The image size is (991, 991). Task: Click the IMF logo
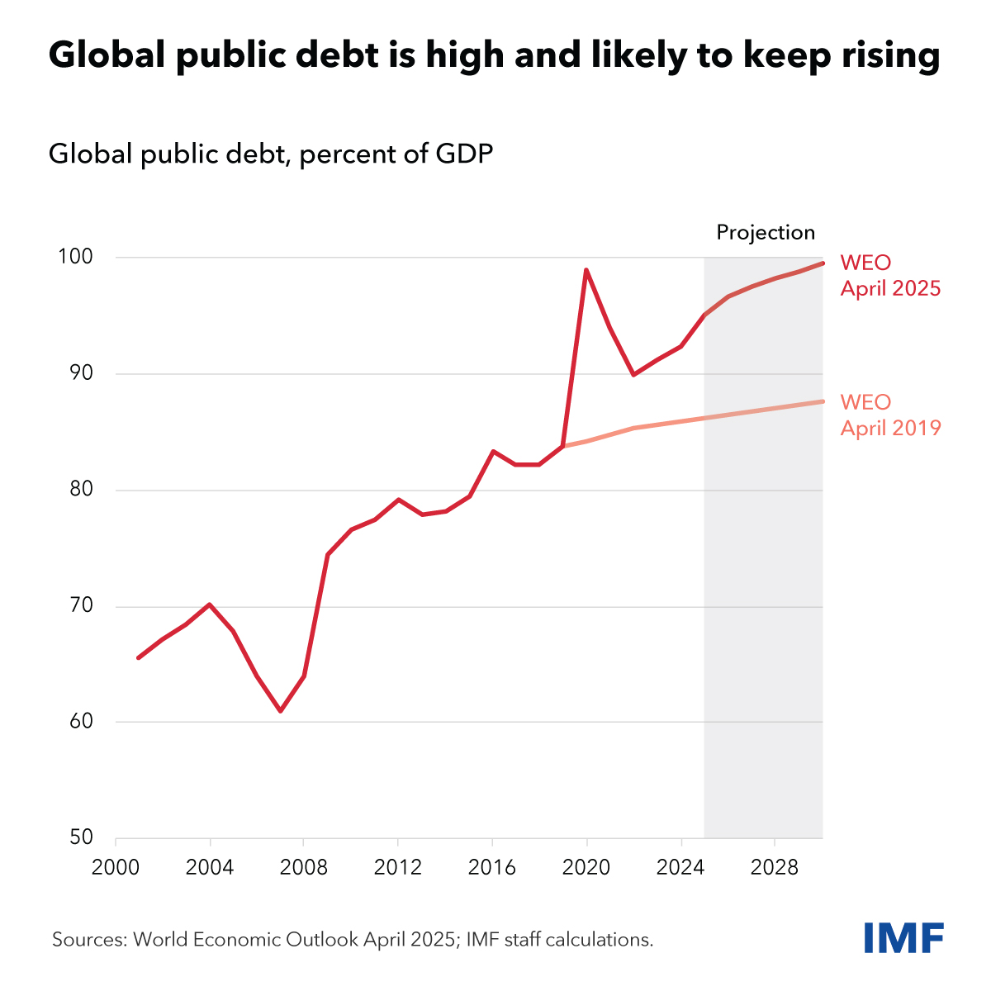[903, 937]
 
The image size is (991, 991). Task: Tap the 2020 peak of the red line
[586, 270]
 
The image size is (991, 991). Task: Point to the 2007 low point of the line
[281, 710]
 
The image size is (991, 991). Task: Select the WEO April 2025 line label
[890, 276]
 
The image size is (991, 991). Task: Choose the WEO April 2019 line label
[890, 415]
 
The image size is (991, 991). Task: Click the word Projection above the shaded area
[766, 233]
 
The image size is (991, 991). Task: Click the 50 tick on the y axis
[81, 837]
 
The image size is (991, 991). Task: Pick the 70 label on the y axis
[81, 606]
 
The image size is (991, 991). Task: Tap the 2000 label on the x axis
[116, 868]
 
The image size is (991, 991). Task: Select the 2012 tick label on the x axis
[398, 868]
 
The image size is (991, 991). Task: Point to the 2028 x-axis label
[775, 868]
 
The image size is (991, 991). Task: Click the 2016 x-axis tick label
[492, 868]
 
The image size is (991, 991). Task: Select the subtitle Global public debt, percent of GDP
[271, 154]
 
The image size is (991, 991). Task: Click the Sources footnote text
[353, 939]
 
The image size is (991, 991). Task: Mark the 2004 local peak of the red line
[210, 605]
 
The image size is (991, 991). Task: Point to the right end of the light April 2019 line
[822, 401]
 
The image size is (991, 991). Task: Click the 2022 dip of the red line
[633, 374]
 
